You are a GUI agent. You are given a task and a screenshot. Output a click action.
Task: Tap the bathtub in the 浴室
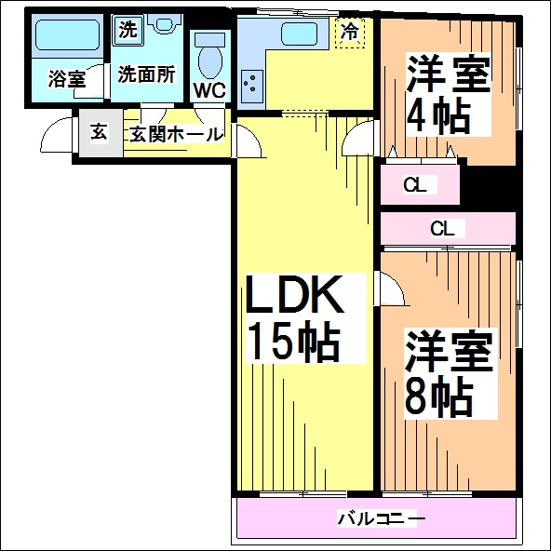[x=68, y=35]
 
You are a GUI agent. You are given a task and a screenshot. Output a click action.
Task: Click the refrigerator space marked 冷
[x=350, y=33]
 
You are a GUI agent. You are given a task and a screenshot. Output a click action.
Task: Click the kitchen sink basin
[x=300, y=34]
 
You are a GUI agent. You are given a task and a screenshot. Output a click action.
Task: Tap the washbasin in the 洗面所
[x=163, y=24]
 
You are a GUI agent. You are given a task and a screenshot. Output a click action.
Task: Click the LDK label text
[x=294, y=295]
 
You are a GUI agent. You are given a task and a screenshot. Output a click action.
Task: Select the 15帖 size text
[x=294, y=342]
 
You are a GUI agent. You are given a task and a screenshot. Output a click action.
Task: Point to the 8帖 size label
[x=438, y=397]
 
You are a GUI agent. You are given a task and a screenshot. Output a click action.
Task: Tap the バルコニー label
[x=382, y=518]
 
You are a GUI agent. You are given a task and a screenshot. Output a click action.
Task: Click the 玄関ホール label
[x=176, y=134]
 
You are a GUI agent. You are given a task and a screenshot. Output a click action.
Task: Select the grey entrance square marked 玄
[x=101, y=132]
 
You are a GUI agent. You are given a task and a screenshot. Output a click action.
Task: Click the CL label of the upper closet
[x=415, y=185]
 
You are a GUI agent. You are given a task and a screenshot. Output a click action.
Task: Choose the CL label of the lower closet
[x=442, y=229]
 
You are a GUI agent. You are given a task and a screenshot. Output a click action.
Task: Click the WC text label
[x=209, y=90]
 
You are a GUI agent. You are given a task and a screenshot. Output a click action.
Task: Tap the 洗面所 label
[x=146, y=74]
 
